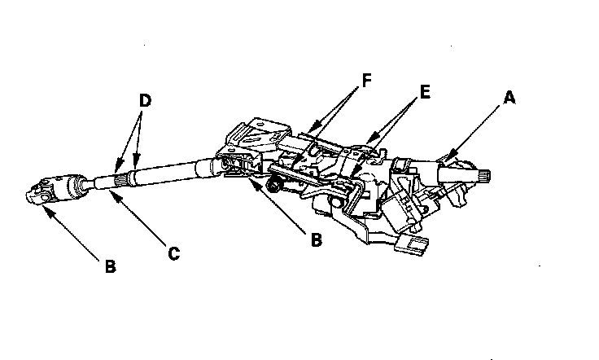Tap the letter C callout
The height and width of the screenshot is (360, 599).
[173, 253]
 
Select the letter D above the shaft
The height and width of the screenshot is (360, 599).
[145, 101]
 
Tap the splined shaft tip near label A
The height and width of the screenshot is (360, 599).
[481, 173]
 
